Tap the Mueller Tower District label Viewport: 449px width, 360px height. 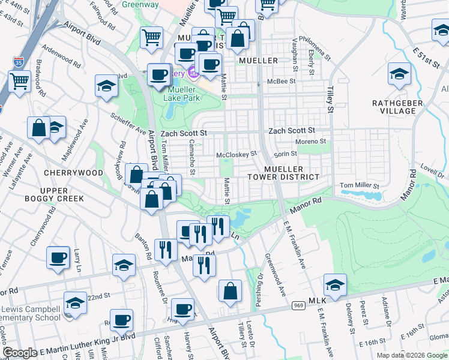click(x=283, y=173)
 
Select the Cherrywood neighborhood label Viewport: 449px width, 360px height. click(x=74, y=173)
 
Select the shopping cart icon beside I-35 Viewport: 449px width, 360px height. click(x=19, y=81)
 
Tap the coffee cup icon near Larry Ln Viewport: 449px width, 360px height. click(x=58, y=258)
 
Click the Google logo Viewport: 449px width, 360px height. click(x=20, y=353)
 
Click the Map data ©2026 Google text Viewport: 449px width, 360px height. click(x=412, y=355)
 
